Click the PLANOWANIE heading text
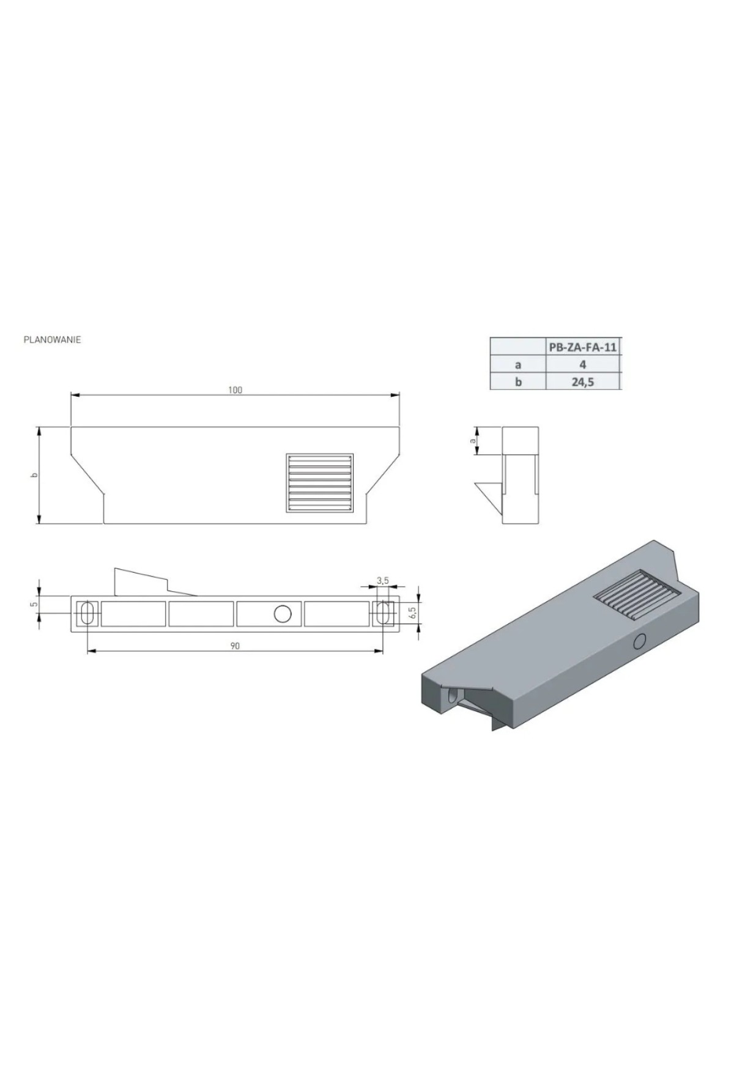coord(52,340)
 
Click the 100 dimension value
coord(235,390)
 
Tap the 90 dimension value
coord(235,646)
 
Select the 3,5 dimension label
coord(383,580)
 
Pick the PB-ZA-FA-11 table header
coord(582,347)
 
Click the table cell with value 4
coord(583,364)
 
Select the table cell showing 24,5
coord(583,382)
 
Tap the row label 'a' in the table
coord(518,364)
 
